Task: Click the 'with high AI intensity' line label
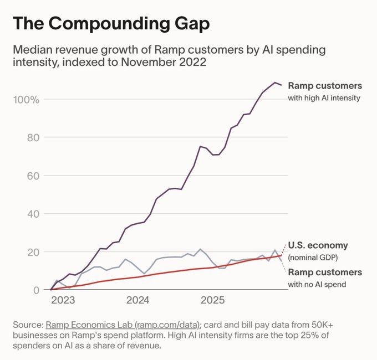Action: (324, 98)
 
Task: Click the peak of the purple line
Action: (275, 83)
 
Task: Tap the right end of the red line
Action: (282, 255)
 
